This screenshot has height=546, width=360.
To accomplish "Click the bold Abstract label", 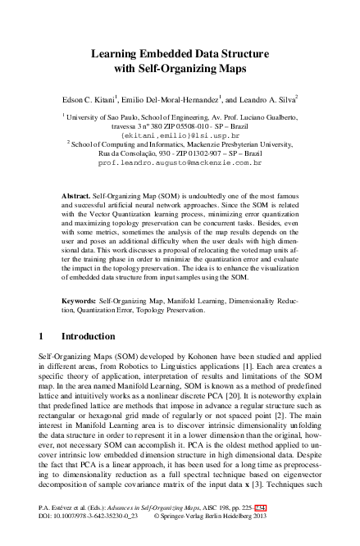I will [77, 198].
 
